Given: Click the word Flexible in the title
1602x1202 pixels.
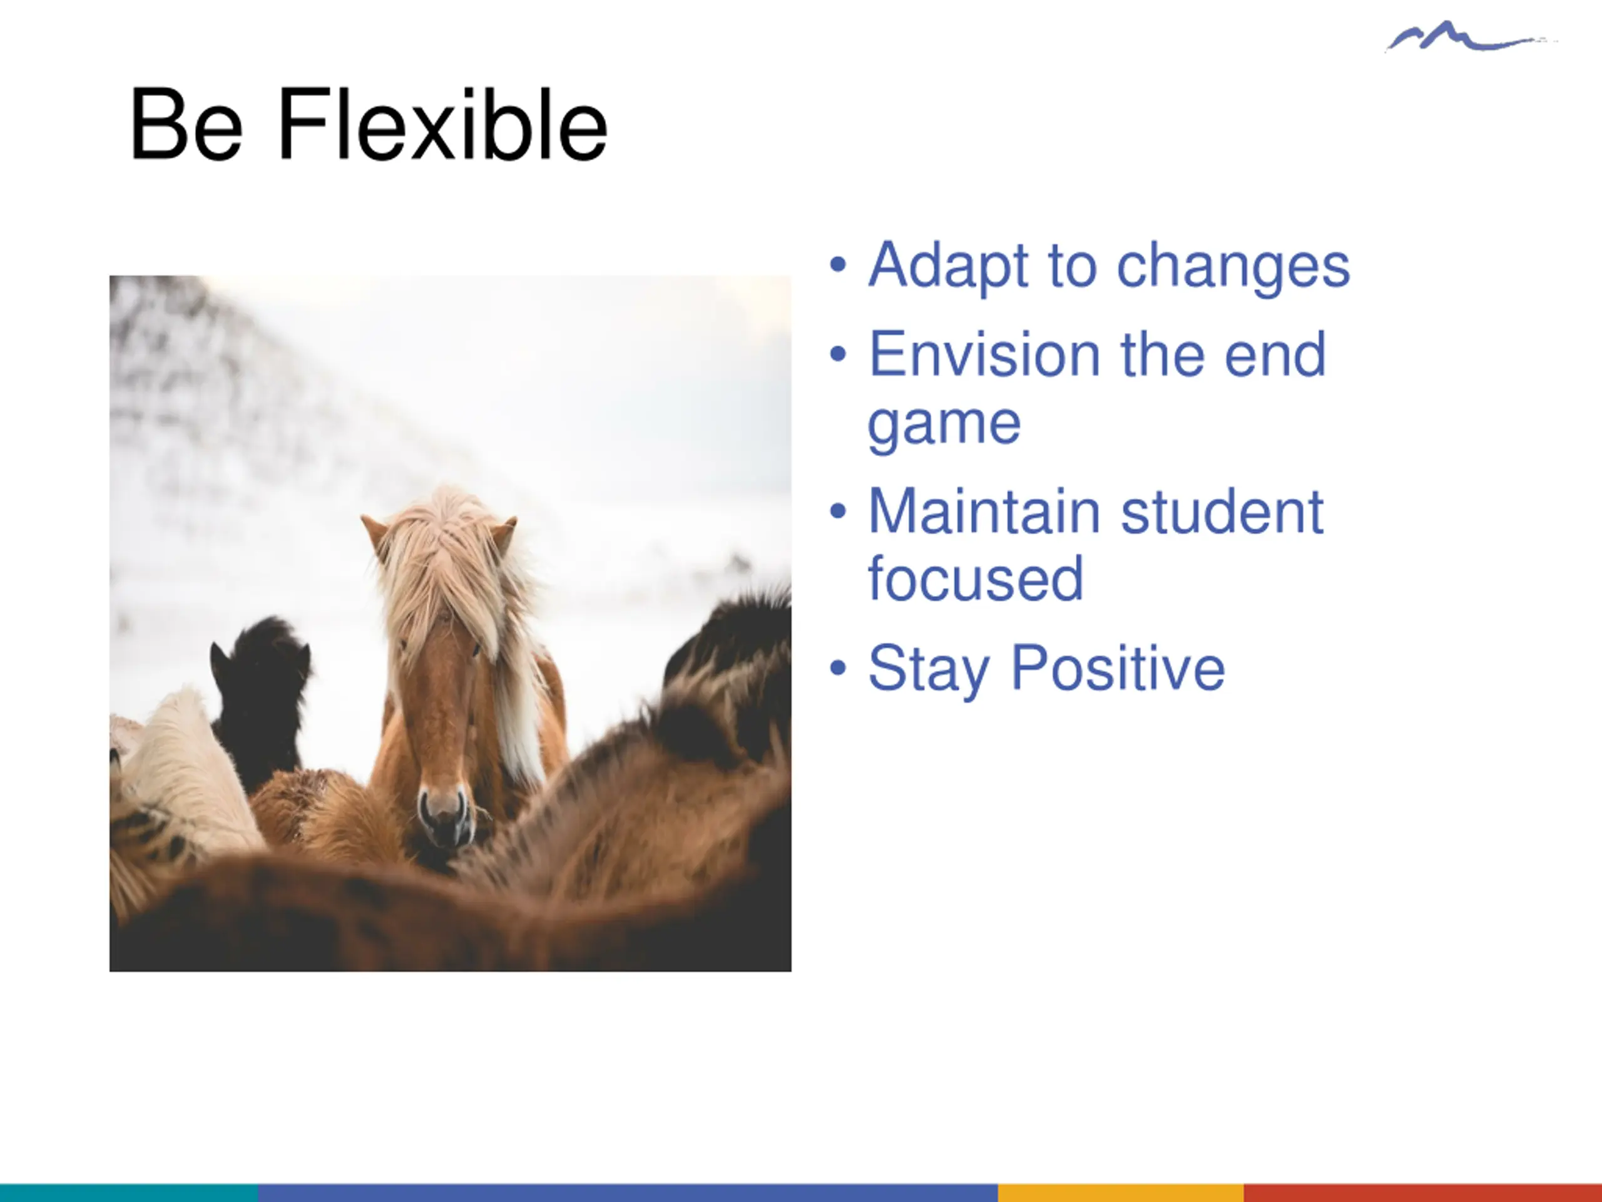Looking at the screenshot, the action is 442,124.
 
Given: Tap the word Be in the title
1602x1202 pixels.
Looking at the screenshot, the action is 186,124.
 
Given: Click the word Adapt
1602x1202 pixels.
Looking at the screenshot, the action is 949,267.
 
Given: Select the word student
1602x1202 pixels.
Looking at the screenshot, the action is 1223,511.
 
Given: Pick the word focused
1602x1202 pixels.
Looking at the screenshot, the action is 976,579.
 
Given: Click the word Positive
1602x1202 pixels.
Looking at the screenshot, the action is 1118,668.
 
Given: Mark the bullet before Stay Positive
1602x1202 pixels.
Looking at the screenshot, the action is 838,668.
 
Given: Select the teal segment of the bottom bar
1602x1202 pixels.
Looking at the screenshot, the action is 129,1193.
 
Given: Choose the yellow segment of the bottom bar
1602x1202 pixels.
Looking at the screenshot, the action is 1120,1193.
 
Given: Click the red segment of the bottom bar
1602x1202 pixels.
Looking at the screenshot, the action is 1422,1193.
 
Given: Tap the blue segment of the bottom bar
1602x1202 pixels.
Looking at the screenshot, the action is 628,1193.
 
